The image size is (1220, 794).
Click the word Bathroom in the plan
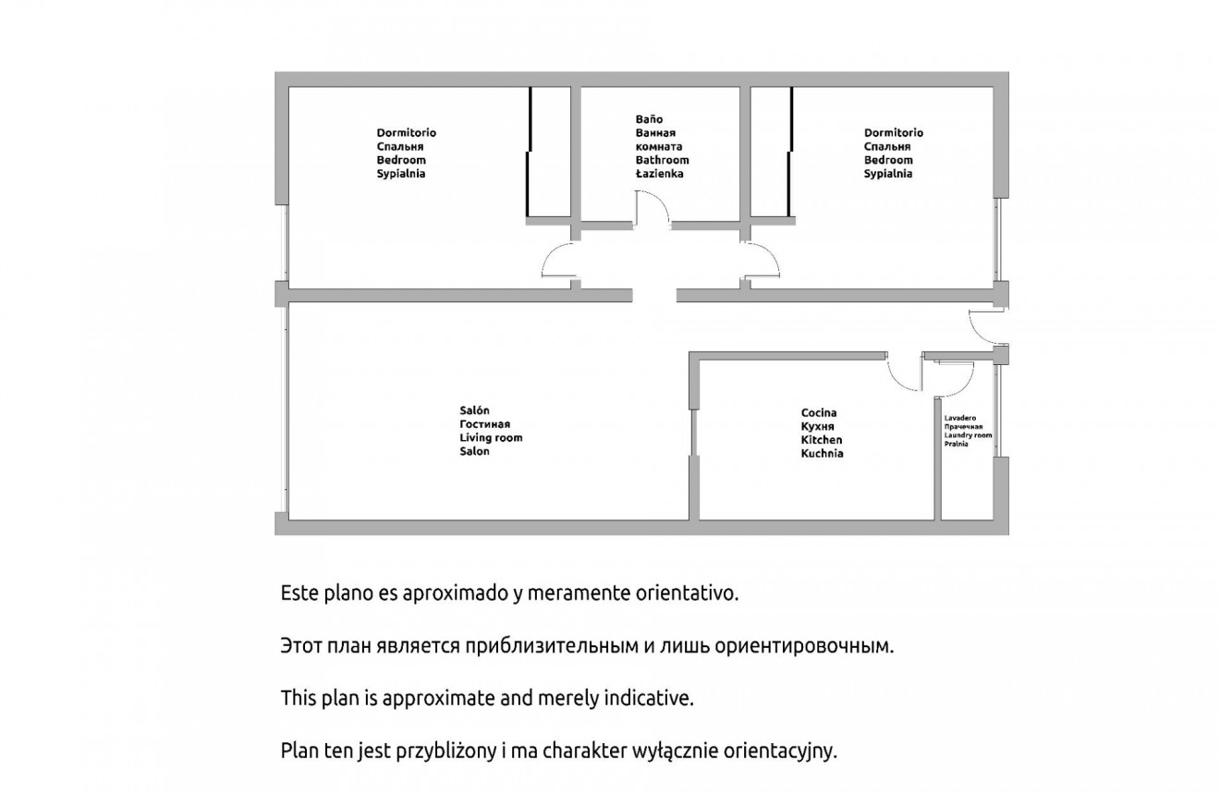tap(662, 160)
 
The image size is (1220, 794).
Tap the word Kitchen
tap(822, 439)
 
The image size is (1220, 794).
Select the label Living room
tap(491, 438)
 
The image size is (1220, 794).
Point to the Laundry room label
tap(968, 435)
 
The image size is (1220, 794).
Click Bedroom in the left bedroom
tap(401, 160)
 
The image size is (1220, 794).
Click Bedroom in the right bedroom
tap(888, 160)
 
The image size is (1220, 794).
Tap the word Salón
tap(474, 410)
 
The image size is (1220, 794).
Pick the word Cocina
tap(819, 413)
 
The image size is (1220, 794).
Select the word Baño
tap(649, 119)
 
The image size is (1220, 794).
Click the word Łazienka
tap(659, 174)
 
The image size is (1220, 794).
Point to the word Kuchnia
tap(822, 453)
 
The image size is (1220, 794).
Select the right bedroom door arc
tap(771, 255)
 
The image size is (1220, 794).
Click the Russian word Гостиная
tap(484, 424)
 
